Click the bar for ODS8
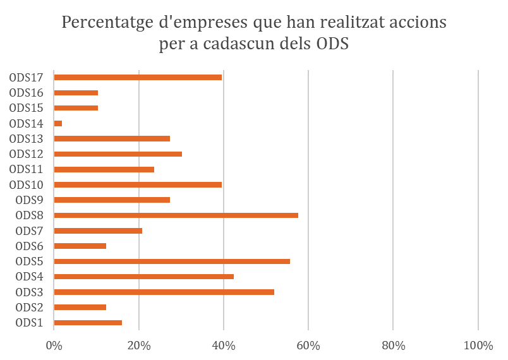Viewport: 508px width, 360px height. point(176,215)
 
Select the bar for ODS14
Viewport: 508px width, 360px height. point(58,123)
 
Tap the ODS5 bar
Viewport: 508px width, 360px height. point(172,261)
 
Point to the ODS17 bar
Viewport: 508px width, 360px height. point(138,77)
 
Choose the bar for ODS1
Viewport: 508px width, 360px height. point(88,323)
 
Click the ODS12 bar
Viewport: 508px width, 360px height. point(118,154)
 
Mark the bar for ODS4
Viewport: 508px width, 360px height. point(144,277)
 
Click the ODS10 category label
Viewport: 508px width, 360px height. point(26,185)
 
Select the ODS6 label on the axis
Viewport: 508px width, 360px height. point(29,246)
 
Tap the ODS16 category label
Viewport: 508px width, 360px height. point(26,93)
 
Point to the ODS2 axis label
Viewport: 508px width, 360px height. point(29,308)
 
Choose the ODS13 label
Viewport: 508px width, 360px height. point(26,139)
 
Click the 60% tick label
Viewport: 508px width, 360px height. point(308,346)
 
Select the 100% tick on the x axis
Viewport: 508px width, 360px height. point(478,346)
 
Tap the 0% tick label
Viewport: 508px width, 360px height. point(54,346)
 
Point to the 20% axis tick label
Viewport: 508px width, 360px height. point(139,346)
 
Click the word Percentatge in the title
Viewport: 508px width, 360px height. point(111,23)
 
